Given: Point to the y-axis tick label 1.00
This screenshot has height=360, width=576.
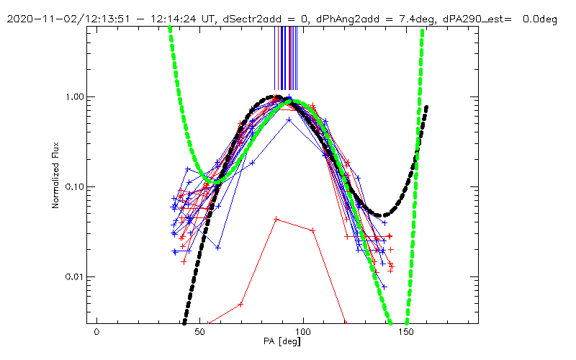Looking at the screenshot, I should click(x=73, y=96).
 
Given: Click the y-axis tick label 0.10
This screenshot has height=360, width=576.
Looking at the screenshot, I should click(x=73, y=186).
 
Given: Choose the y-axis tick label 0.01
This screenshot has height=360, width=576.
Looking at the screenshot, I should click(x=73, y=276).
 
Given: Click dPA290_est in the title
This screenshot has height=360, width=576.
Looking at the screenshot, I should click(x=472, y=19).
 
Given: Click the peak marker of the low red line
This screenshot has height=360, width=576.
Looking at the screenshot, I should click(x=276, y=218).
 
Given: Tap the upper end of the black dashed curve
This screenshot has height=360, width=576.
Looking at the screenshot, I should click(x=427, y=107).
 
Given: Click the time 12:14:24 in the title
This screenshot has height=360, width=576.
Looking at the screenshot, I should click(x=149, y=19).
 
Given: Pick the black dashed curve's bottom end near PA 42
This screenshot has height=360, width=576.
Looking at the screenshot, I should click(x=184, y=322).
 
